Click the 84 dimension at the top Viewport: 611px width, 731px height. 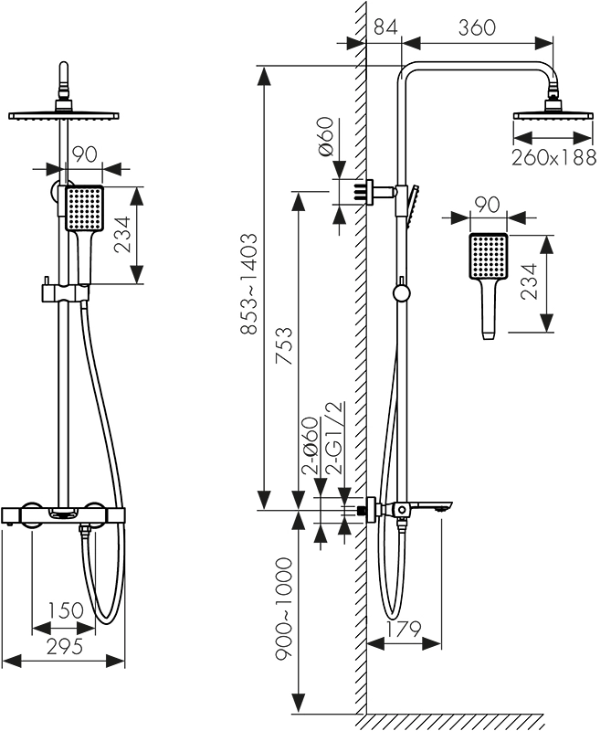coord(385,27)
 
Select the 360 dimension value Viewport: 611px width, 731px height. coord(477,27)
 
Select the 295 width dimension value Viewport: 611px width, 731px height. coord(65,646)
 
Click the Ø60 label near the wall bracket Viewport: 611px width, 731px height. coord(327,138)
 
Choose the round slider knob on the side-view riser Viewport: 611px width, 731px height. coord(399,293)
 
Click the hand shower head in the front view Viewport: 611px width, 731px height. coord(86,208)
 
